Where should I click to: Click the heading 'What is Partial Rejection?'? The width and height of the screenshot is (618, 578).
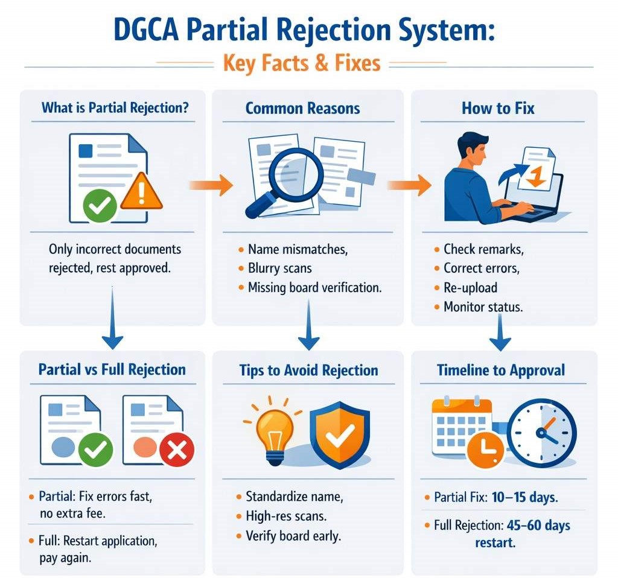[115, 109]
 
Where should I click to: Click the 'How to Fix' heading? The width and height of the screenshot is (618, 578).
[498, 109]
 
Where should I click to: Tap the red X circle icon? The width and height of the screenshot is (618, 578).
[176, 449]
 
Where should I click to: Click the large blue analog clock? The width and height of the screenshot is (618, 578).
[541, 433]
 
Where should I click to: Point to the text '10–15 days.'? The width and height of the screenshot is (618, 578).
[523, 498]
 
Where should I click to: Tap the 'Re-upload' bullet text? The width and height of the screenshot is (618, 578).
[470, 287]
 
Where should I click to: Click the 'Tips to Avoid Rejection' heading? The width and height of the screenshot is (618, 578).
[308, 370]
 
